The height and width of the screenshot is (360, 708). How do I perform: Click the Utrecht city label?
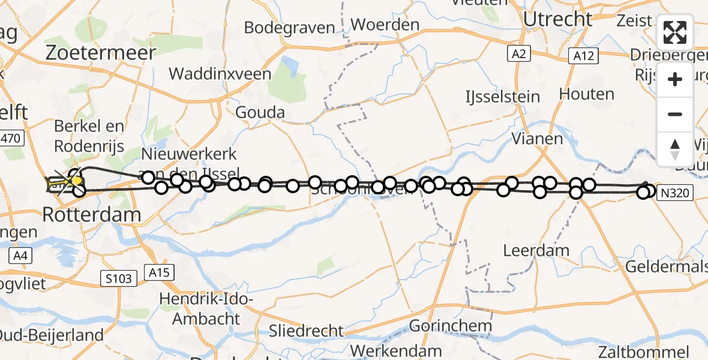(557, 19)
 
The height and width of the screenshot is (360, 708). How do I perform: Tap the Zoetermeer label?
(101, 52)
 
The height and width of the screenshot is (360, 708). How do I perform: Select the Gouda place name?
(259, 112)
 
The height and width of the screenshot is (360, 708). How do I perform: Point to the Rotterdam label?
(92, 214)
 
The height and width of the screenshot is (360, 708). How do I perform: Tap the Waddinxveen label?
(220, 74)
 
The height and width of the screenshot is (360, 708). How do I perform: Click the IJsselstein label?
(503, 97)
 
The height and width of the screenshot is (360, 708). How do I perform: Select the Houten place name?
(586, 94)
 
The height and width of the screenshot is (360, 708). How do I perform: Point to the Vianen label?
(537, 139)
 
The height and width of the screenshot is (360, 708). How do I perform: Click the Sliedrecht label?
(307, 331)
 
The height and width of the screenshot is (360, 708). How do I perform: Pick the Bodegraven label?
(289, 28)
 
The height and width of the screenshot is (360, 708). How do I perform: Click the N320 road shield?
(675, 193)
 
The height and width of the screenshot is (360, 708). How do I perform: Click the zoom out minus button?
(675, 115)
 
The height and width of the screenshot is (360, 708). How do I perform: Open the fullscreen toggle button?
(675, 32)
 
